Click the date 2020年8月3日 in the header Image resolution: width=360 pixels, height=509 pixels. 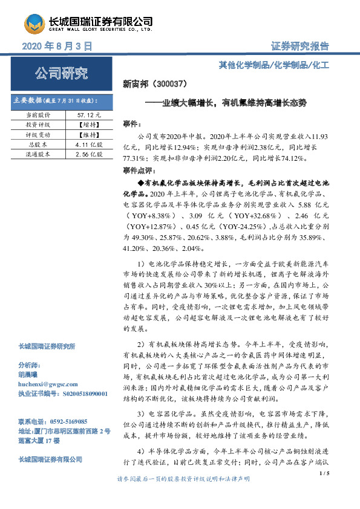point(56,45)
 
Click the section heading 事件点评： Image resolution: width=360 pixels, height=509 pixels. point(138,172)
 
